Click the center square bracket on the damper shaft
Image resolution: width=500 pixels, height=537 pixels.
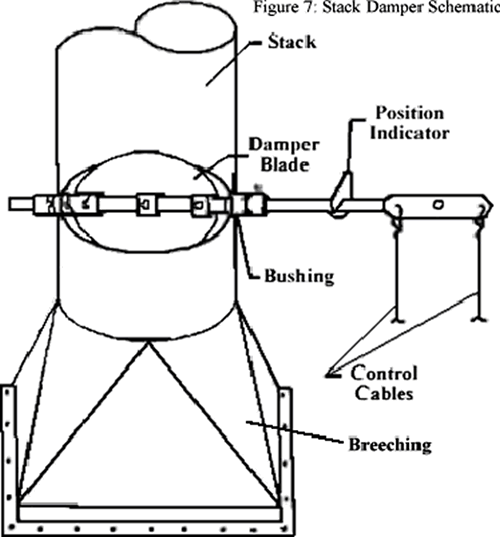click(146, 204)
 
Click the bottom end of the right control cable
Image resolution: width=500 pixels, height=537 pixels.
click(474, 321)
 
